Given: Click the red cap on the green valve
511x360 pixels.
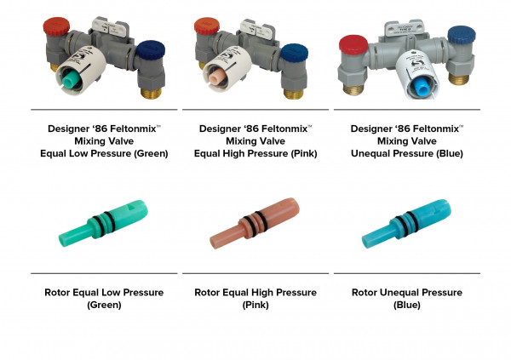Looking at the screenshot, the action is click(56, 26).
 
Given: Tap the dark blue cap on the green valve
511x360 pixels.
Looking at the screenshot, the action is click(150, 50).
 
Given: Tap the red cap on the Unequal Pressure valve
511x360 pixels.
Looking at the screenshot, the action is click(353, 44).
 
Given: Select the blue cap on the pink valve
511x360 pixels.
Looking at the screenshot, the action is click(295, 53).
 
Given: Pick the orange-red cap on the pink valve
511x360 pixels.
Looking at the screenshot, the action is click(207, 26).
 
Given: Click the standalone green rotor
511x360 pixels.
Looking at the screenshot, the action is click(103, 223).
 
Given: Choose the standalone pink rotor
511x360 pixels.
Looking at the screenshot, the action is click(255, 223).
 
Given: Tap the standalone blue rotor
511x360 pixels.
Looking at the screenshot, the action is click(407, 224).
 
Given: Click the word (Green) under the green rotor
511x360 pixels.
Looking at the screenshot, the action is click(104, 305).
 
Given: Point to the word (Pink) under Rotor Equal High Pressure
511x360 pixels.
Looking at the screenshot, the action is click(255, 305).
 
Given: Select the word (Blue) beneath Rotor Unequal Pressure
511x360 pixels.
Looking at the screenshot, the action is click(407, 305).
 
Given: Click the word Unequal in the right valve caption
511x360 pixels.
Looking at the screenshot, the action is click(370, 153).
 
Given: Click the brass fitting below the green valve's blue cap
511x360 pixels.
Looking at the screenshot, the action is click(151, 93).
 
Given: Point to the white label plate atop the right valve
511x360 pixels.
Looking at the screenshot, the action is click(405, 29).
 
